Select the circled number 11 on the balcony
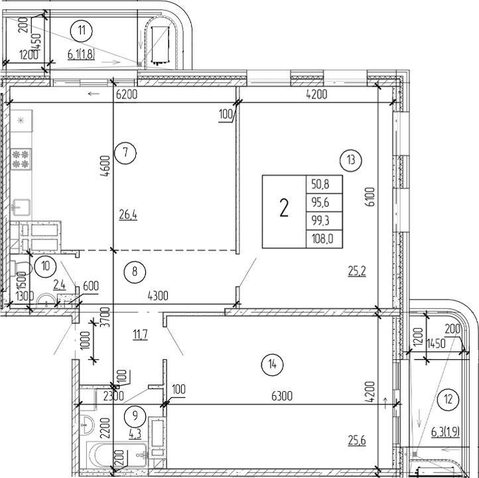coord(82,30)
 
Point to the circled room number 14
coord(272,363)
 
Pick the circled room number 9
coord(135,416)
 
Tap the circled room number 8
coord(135,270)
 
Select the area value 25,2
coord(358,270)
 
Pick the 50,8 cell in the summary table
coord(324,184)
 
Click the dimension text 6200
coord(127,95)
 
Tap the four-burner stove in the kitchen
coord(21,158)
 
